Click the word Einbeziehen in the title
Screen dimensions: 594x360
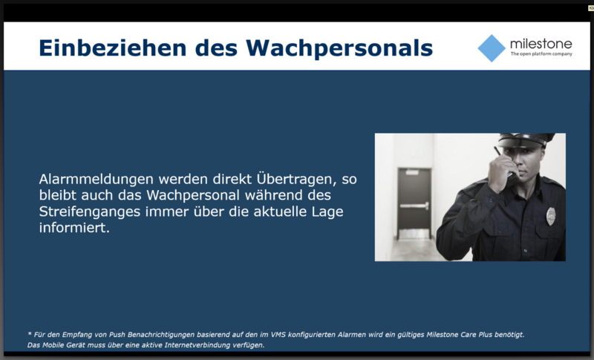[x=113, y=48]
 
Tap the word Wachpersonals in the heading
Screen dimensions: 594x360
[x=339, y=49]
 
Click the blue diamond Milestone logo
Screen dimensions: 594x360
[x=492, y=48]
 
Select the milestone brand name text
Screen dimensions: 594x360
[x=541, y=44]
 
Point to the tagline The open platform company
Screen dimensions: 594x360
[x=541, y=53]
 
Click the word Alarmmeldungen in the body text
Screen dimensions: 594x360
[x=97, y=179]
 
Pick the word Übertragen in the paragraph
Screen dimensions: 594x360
[x=296, y=179]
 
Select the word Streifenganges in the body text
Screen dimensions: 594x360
[x=90, y=212]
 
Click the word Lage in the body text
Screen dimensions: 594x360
[x=327, y=212]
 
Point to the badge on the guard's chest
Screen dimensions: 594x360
[x=551, y=216]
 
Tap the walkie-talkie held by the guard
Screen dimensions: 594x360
[x=503, y=162]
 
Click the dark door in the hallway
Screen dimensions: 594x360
[x=414, y=203]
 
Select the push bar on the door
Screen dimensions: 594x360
[x=414, y=206]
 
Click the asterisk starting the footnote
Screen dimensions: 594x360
[x=30, y=334]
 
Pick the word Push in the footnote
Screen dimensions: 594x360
[x=117, y=335]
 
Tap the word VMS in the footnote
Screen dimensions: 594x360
[x=278, y=335]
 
